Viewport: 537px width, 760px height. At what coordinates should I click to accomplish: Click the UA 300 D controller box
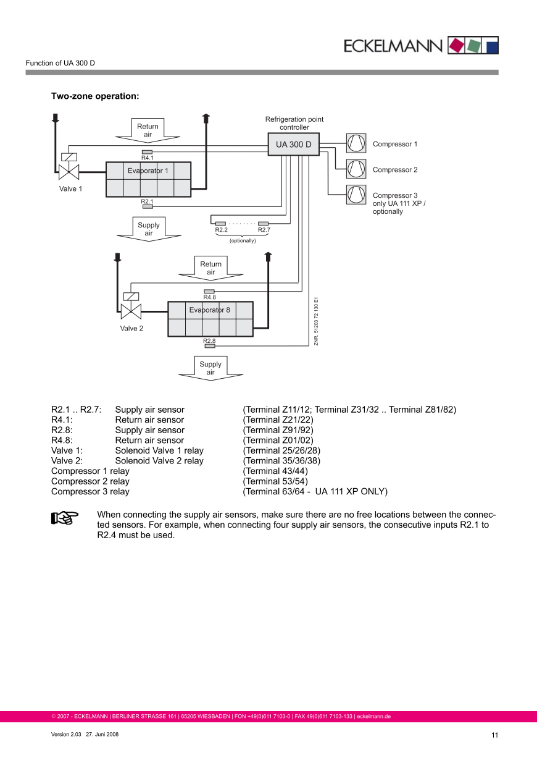point(293,144)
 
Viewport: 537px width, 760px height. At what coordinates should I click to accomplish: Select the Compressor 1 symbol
point(356,143)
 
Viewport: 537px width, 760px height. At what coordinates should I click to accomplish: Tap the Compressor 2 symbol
point(356,169)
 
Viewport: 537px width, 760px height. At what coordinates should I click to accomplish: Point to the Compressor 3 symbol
point(356,194)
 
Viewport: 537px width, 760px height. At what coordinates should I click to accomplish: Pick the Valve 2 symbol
point(131,310)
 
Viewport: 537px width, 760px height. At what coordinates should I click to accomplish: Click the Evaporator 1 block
point(148,179)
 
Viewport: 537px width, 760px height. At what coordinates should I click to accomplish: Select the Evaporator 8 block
point(210,319)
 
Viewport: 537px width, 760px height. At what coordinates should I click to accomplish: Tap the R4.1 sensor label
point(148,158)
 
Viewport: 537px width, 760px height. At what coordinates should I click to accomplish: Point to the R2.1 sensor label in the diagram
point(147,201)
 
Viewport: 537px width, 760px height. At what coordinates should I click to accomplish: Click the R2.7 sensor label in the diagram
point(264,230)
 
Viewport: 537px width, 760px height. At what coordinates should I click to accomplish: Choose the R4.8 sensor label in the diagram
point(209,297)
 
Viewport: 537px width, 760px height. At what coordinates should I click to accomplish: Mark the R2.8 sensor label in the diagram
point(209,341)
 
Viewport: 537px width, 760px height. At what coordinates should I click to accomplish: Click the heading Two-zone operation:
point(95,96)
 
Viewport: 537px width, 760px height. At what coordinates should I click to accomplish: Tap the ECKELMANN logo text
point(393,46)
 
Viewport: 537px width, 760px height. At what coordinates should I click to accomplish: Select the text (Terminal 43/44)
point(275,471)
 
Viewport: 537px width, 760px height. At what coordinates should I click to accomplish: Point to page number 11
point(494,735)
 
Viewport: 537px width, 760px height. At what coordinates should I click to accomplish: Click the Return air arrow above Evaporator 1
point(148,130)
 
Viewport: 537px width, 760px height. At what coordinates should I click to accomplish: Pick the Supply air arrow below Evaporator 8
point(210,368)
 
